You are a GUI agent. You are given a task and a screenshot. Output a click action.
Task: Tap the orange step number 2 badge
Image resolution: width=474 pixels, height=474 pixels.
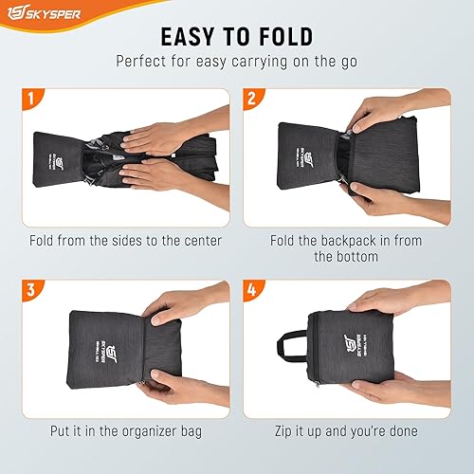point(250,98)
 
